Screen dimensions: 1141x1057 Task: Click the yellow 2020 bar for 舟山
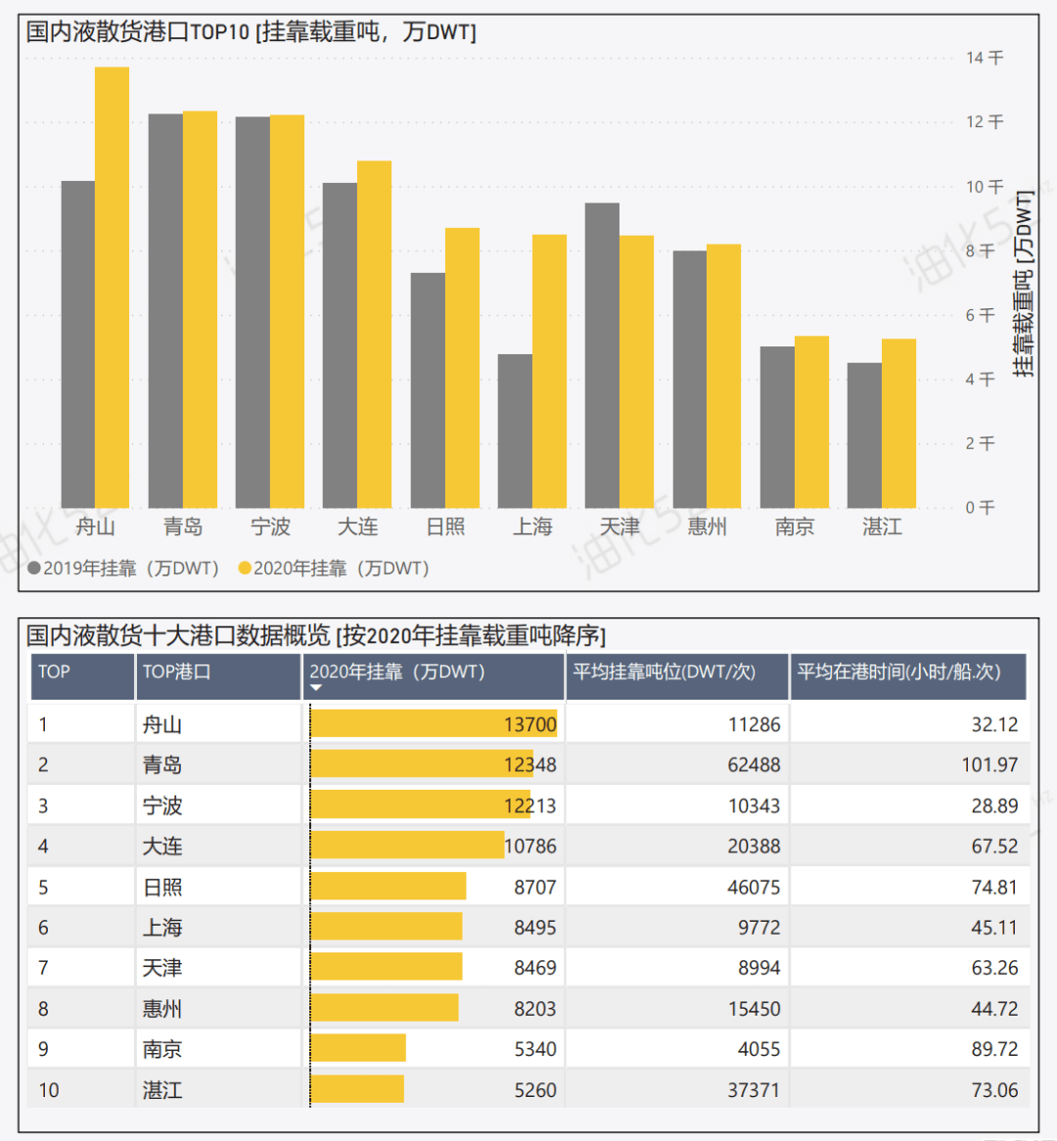point(112,288)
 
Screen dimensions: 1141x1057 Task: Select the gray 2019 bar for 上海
point(515,431)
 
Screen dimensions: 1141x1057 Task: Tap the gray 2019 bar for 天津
point(602,355)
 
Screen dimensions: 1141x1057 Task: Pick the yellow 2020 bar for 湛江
point(898,423)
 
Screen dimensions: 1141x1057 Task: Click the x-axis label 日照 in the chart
point(445,527)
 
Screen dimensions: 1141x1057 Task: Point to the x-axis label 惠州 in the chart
point(707,527)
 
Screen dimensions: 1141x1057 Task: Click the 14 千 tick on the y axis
point(984,58)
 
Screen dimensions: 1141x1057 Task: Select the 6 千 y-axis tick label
point(980,315)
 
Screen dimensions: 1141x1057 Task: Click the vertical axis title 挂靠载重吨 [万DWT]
point(1024,284)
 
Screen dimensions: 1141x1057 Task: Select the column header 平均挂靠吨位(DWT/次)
point(664,672)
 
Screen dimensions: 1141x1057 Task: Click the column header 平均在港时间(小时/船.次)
point(898,672)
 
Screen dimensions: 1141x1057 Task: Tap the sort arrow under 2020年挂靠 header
point(316,689)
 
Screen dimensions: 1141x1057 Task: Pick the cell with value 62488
point(754,765)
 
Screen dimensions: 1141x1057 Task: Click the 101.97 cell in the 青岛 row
point(989,765)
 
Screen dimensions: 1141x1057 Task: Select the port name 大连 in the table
point(162,846)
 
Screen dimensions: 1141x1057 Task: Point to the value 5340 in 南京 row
point(535,1049)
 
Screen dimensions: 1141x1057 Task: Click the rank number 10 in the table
point(49,1090)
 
